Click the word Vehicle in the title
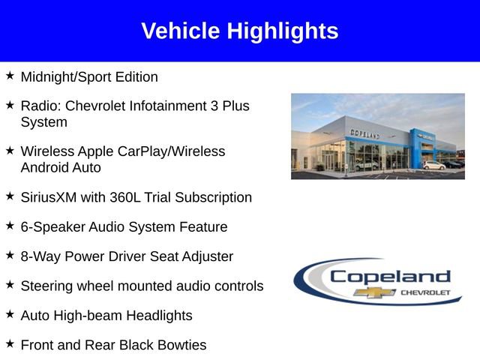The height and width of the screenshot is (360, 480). tap(179, 31)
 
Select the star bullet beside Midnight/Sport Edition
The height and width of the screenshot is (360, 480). tap(10, 76)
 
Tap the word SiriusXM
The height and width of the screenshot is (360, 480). tap(51, 197)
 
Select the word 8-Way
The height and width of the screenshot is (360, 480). tap(40, 256)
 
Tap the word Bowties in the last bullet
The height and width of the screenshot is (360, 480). tap(181, 345)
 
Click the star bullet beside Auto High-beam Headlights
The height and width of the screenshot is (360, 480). tap(10, 314)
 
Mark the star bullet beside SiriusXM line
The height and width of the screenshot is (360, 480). tap(10, 196)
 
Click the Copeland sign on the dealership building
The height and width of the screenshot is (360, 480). tap(364, 134)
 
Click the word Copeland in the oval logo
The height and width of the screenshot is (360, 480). tap(390, 277)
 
